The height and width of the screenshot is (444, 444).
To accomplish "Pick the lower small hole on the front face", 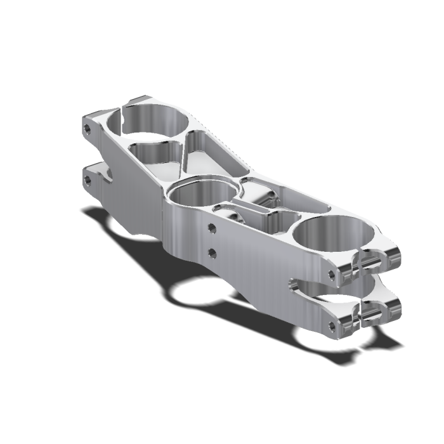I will pyautogui.click(x=212, y=253).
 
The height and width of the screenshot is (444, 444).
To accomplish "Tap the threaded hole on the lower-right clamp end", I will pyautogui.click(x=332, y=327).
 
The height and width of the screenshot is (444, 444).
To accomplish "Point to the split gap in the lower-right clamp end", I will pyautogui.click(x=364, y=313).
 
